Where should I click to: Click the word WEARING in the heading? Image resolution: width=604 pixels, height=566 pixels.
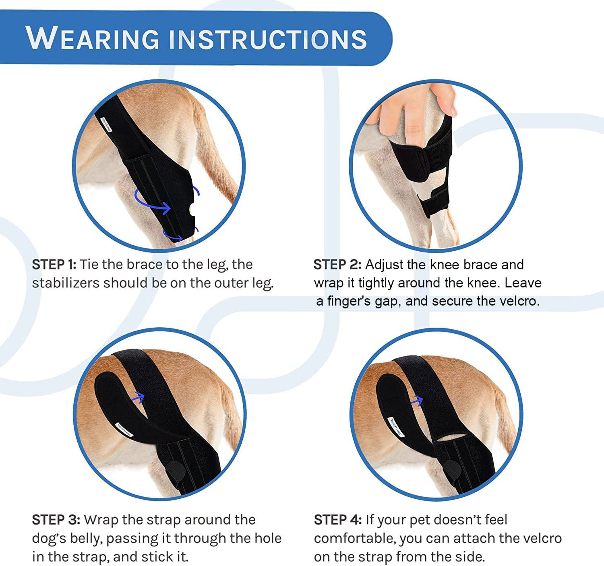(x=93, y=39)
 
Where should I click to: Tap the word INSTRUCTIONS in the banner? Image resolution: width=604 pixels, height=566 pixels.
(x=267, y=39)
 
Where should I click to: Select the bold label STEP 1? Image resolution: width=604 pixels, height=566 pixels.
(x=54, y=264)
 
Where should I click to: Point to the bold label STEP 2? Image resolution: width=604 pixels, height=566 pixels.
(x=337, y=265)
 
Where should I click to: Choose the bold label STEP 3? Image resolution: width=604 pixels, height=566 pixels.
(x=56, y=520)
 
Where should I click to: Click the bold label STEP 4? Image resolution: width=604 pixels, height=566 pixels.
(x=337, y=520)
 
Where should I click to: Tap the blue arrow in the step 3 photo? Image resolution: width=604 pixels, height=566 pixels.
(x=138, y=397)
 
